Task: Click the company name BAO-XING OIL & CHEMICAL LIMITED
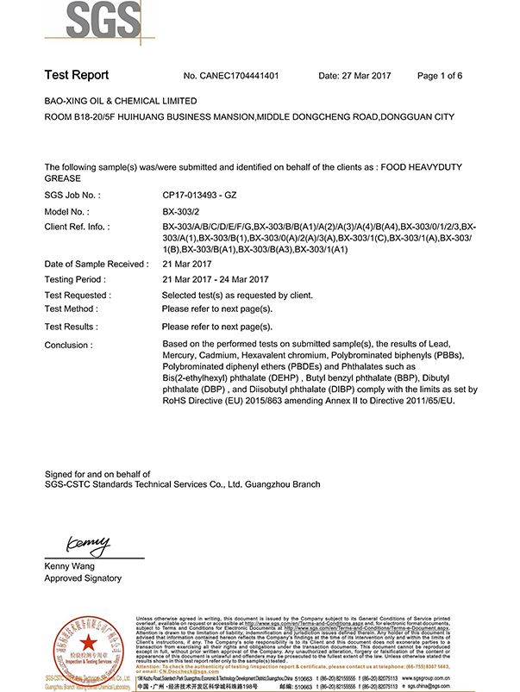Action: (x=121, y=101)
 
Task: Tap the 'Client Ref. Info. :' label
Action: (x=81, y=226)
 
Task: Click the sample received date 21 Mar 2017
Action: (x=188, y=264)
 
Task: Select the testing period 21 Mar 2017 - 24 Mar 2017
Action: (x=216, y=279)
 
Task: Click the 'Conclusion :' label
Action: (x=68, y=345)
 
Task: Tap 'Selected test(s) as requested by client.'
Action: (x=237, y=295)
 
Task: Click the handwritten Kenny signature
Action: (x=87, y=543)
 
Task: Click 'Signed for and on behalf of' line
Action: (x=97, y=474)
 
